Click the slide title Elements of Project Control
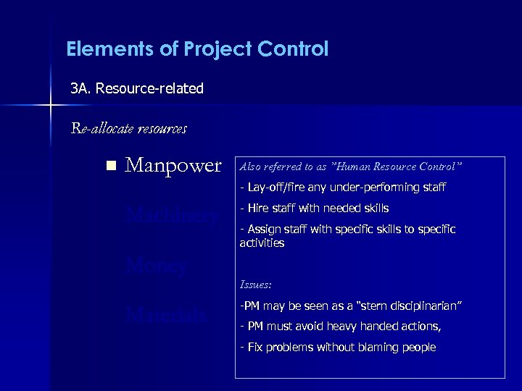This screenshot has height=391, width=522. tap(196, 49)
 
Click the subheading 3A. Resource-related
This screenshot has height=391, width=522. tap(137, 88)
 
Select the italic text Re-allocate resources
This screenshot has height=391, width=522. tap(128, 129)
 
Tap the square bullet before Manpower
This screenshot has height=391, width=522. tap(109, 166)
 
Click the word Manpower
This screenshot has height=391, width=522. tap(173, 166)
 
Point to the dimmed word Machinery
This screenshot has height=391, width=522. tap(171, 215)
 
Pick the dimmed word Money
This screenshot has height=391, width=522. tap(156, 265)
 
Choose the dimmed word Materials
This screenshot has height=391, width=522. tap(166, 315)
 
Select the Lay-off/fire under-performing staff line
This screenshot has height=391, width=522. tap(342, 188)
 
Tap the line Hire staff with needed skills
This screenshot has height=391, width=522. tap(314, 209)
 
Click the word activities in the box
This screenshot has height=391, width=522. tap(262, 243)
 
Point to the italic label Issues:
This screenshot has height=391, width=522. tap(255, 285)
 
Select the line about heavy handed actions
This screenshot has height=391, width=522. tap(340, 327)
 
